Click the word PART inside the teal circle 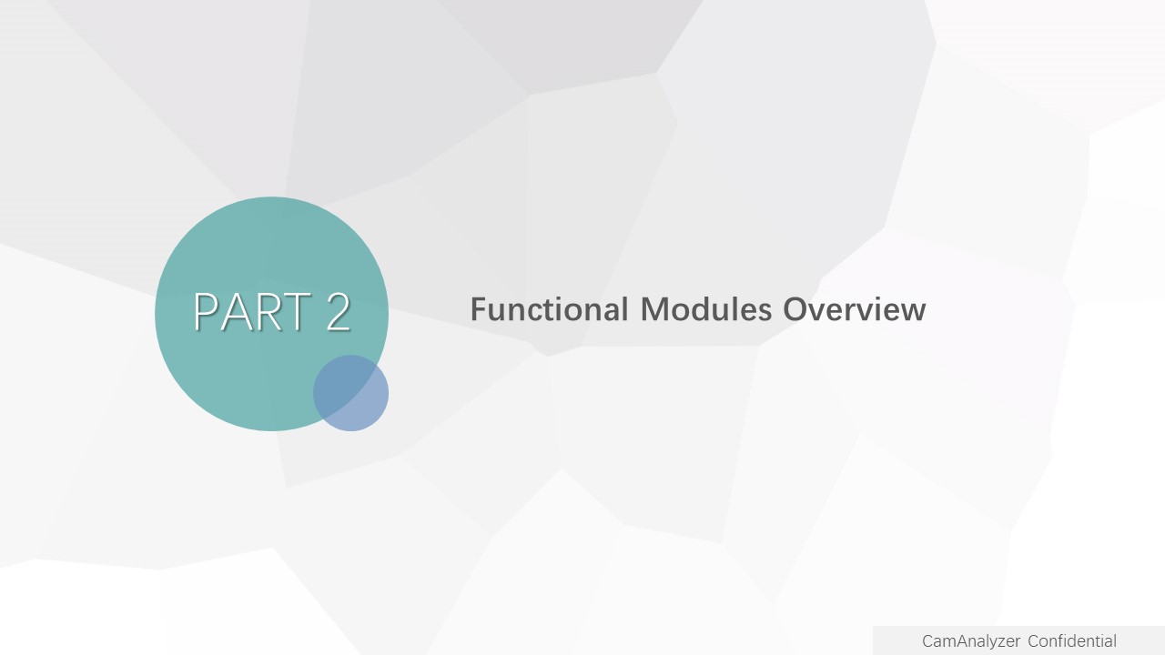253,311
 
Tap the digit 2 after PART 339,311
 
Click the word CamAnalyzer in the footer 971,641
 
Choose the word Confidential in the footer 1072,641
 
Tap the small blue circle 350,393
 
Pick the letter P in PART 206,311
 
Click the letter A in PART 234,311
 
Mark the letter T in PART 297,311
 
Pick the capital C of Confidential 1033,641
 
